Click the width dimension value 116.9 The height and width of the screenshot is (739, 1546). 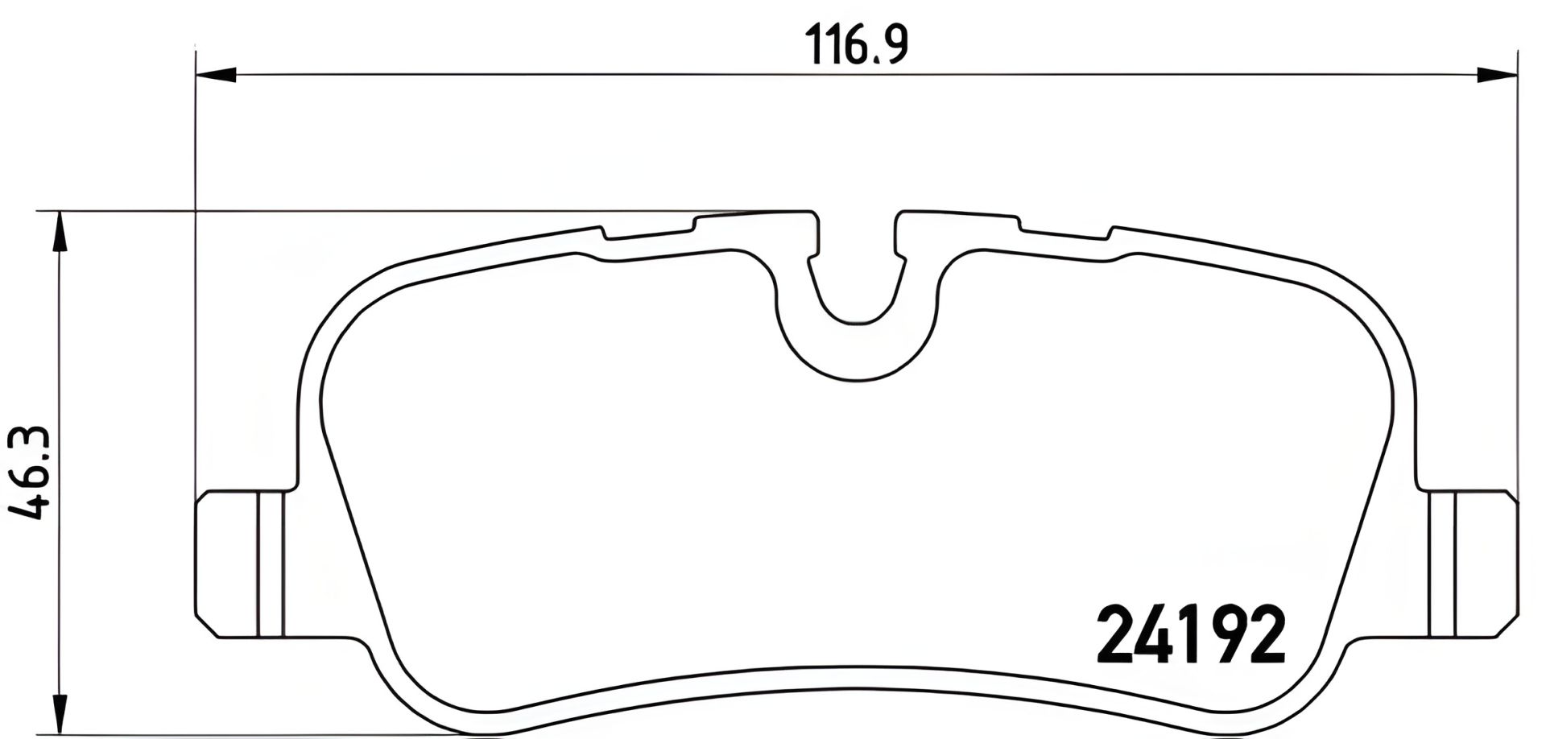(858, 46)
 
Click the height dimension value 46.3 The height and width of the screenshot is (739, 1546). (30, 474)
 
